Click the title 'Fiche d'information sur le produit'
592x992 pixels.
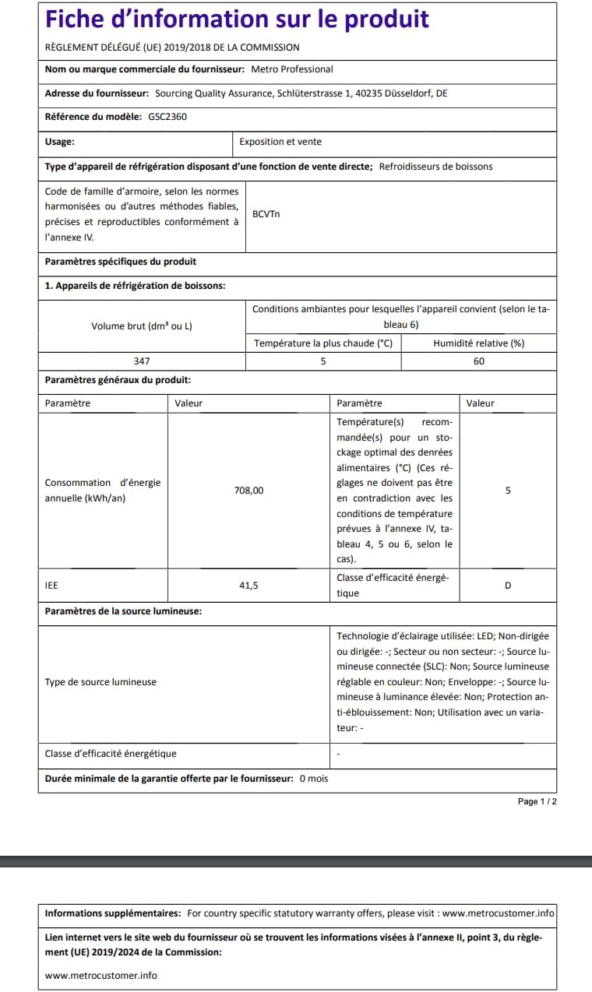(x=237, y=19)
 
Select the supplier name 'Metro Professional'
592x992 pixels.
(x=291, y=69)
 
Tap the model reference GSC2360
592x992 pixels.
(x=167, y=117)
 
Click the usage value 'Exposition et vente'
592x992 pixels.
(x=280, y=142)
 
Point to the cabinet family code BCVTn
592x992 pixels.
(x=266, y=213)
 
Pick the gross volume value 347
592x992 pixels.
(x=141, y=361)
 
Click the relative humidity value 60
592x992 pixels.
(x=478, y=361)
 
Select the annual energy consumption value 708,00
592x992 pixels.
(x=248, y=491)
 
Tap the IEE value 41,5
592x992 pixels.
(x=248, y=586)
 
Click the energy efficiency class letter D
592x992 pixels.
(x=508, y=586)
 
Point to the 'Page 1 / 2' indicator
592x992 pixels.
(x=537, y=801)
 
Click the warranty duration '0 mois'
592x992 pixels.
(x=314, y=779)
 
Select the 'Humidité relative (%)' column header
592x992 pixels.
(x=478, y=343)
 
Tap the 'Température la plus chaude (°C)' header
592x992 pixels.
(x=323, y=343)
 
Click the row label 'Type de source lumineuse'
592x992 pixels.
(x=100, y=682)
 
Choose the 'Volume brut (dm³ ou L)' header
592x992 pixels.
(x=141, y=325)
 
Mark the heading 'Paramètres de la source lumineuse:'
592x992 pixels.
(x=123, y=611)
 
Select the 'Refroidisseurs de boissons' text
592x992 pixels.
(x=435, y=166)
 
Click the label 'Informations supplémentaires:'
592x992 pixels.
(x=113, y=913)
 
